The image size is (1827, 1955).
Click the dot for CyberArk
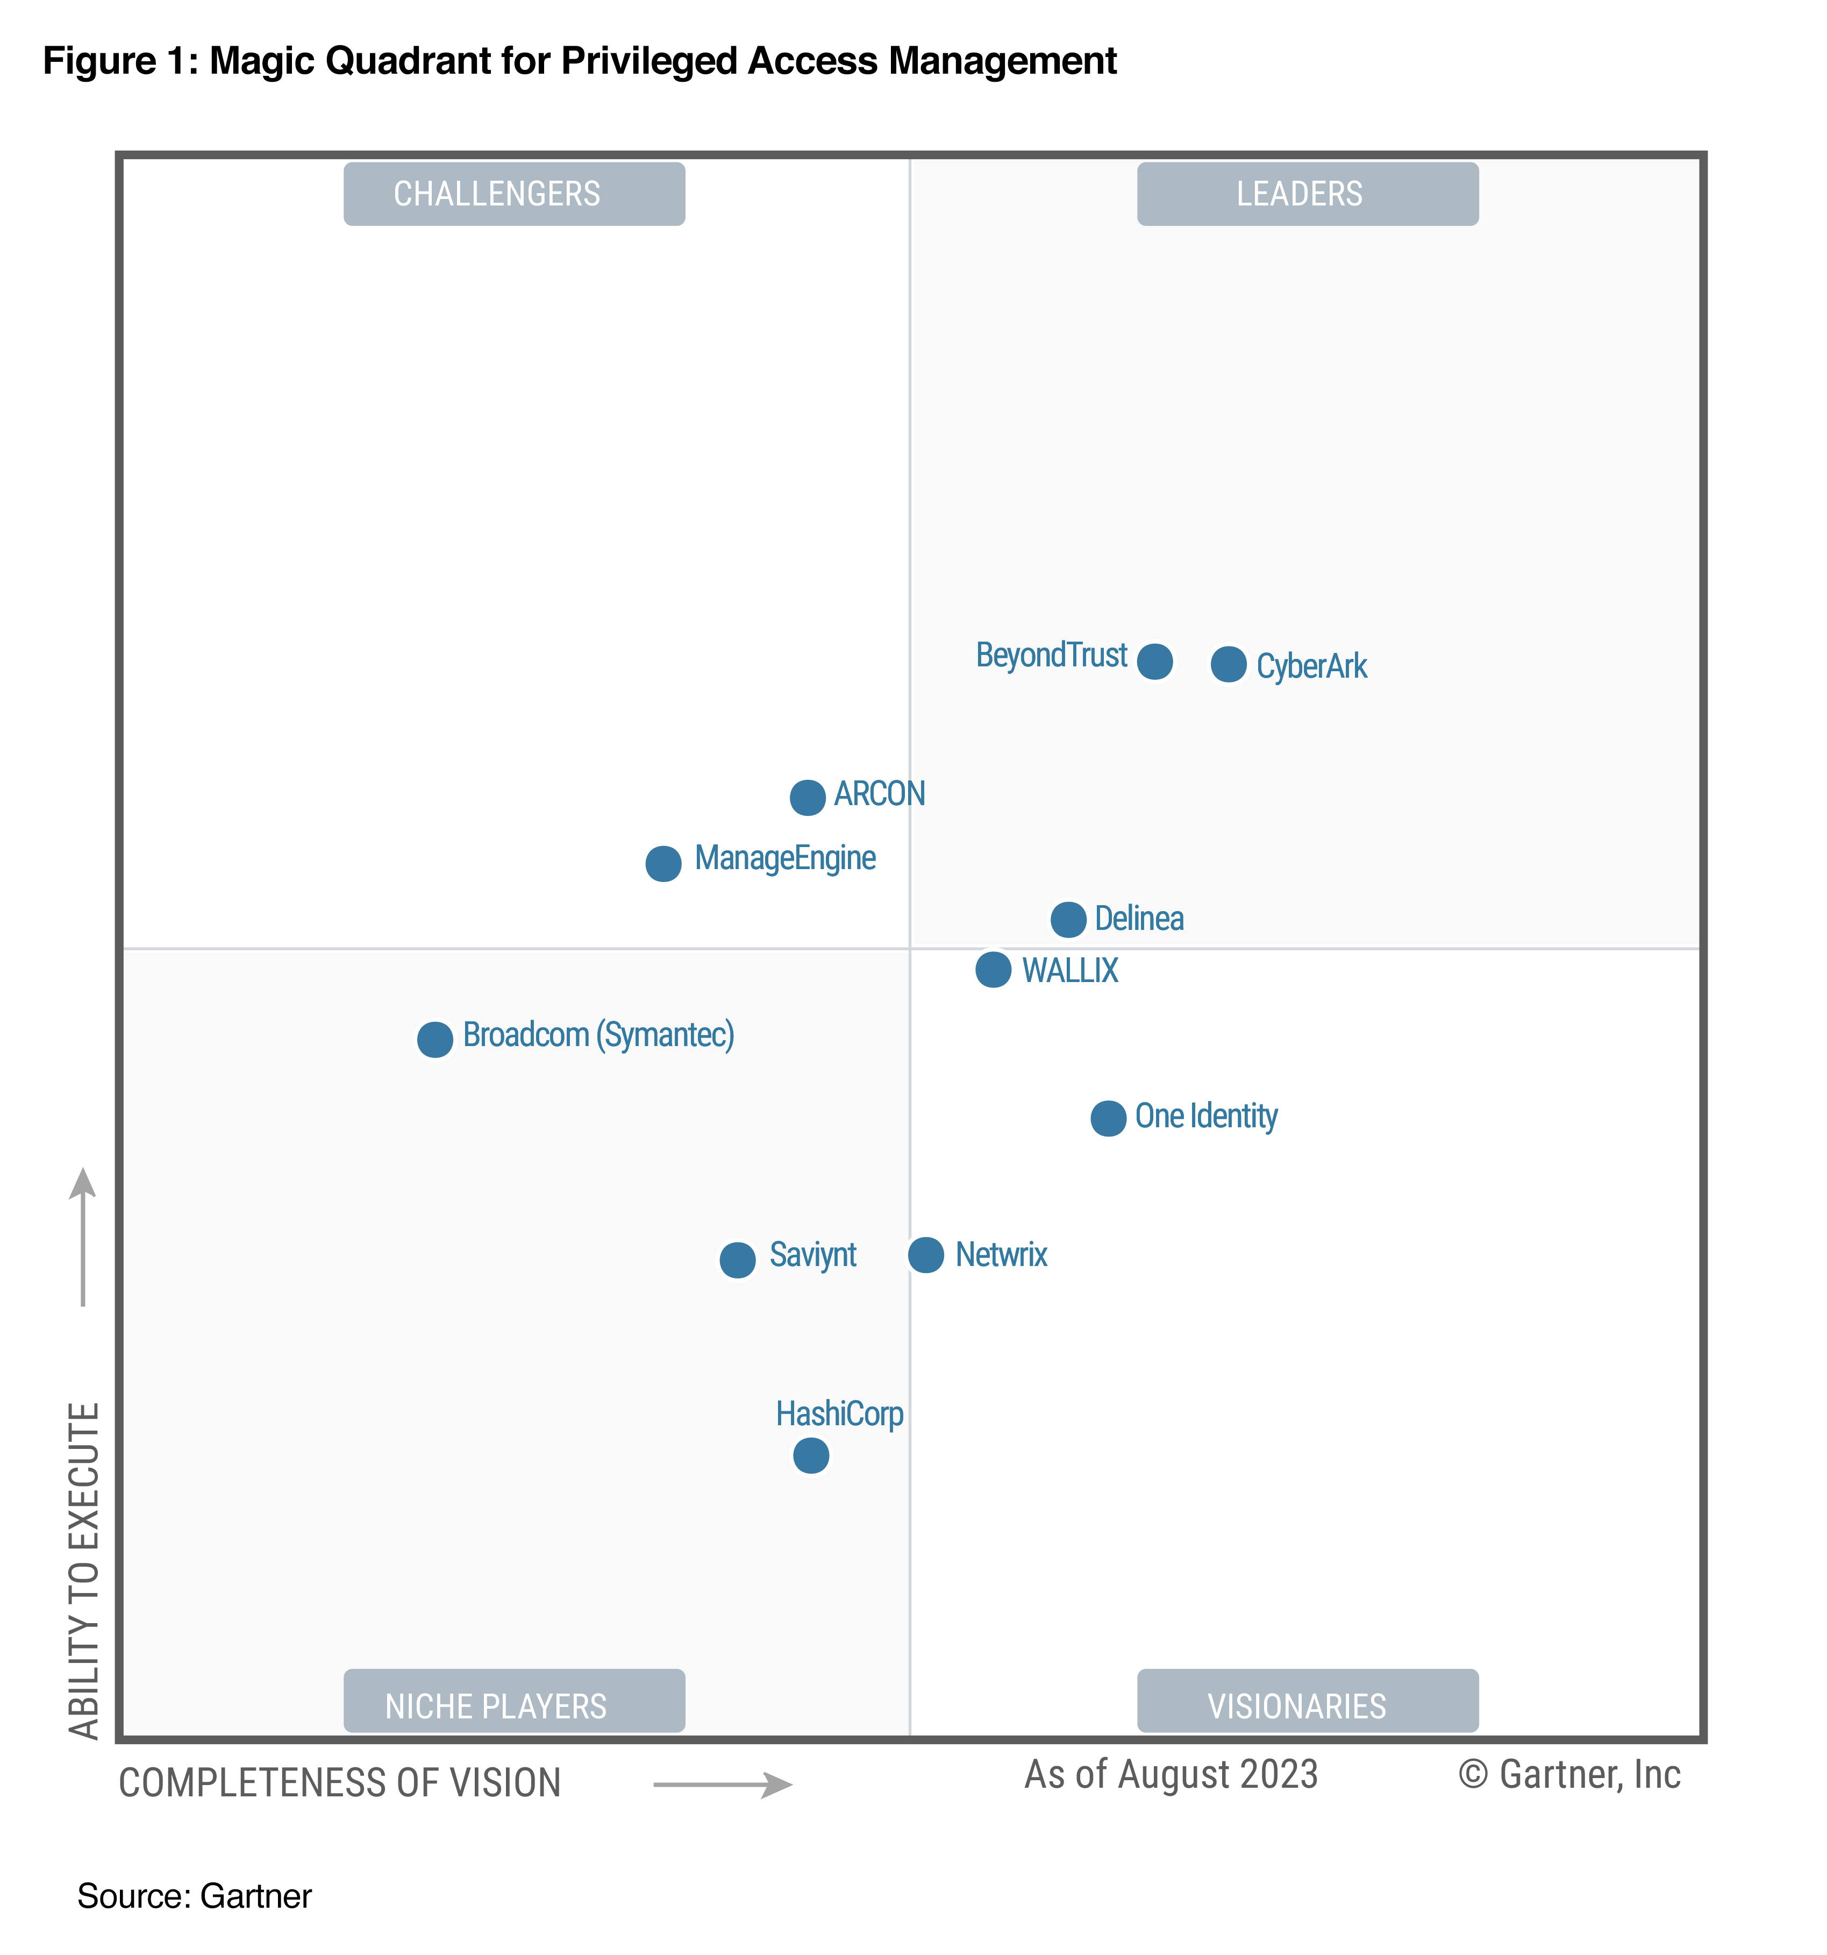point(1228,665)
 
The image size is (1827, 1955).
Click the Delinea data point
point(1068,920)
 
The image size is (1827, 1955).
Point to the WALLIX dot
point(993,970)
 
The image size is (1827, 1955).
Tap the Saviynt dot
point(738,1260)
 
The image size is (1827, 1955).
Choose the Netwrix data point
point(925,1255)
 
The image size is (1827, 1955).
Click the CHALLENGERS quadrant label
point(513,194)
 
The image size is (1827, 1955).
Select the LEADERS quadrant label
point(1307,194)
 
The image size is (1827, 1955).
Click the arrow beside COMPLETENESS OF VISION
point(723,1785)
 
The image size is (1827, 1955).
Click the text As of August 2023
point(1170,1775)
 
